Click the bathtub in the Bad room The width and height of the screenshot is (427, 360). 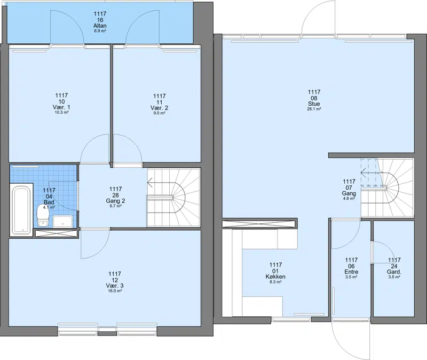(21, 209)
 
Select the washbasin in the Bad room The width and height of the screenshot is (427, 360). (63, 221)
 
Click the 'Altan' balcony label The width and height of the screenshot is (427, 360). (100, 26)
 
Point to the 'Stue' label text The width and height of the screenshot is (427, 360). (314, 104)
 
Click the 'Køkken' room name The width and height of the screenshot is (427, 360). (275, 277)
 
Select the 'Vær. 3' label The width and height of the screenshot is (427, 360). (115, 286)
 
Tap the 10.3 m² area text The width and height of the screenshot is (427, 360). (61, 112)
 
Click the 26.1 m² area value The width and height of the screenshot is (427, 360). (314, 109)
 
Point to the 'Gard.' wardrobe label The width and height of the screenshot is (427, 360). (394, 272)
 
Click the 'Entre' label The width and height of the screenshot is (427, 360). (351, 272)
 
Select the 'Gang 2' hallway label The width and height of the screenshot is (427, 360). (115, 201)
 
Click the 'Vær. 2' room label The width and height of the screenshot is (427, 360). (159, 108)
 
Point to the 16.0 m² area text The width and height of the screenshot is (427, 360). (115, 291)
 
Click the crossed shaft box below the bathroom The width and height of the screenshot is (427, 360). (57, 233)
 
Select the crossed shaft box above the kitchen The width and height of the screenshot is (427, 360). (259, 224)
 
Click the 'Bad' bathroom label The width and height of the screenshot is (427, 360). (49, 202)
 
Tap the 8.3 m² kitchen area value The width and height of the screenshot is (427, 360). (275, 282)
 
